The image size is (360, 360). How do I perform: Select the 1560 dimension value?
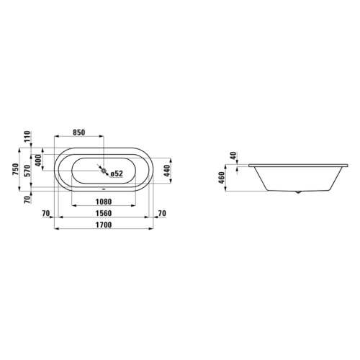pos(103,213)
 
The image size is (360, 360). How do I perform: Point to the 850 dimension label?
pos(79,132)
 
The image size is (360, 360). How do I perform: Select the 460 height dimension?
pos(222,177)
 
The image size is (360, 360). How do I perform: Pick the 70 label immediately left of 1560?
pos(46,213)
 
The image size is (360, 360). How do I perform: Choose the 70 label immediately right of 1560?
pos(161,213)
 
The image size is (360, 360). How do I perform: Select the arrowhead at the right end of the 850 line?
pos(102,137)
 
